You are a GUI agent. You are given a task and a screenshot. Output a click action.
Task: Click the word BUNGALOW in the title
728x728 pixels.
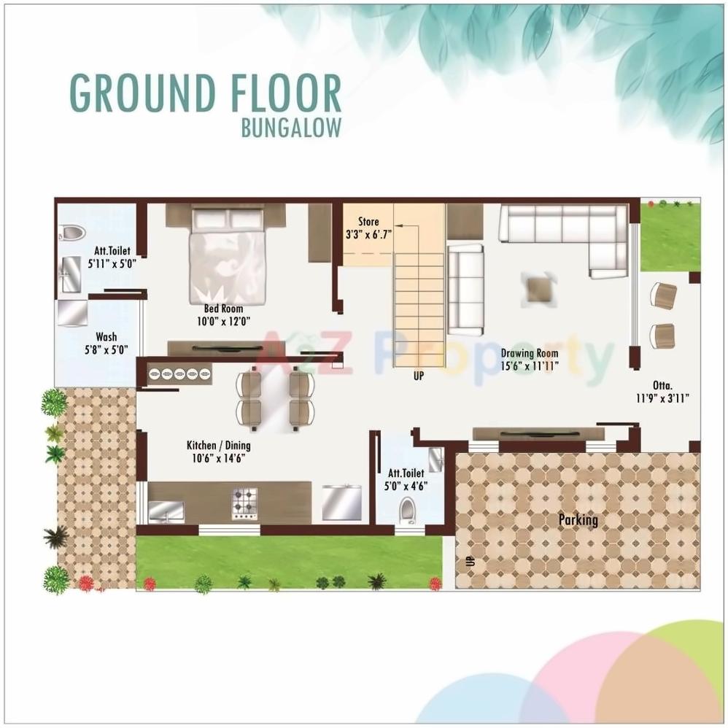point(290,126)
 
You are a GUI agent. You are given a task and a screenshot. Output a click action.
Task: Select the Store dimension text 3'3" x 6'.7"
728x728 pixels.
point(369,235)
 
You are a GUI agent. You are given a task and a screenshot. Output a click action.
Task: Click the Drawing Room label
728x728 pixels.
point(529,353)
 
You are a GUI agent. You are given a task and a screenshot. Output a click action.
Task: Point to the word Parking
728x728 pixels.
point(578,520)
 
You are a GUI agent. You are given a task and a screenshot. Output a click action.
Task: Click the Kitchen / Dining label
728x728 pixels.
point(219,445)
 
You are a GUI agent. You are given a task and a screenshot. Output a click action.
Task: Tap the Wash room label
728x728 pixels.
point(106,337)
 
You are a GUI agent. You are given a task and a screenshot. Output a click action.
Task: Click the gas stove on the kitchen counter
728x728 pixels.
point(245,503)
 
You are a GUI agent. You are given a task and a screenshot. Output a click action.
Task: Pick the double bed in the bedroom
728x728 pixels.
point(228,255)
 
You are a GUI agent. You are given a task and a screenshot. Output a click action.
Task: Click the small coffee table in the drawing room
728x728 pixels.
point(539,288)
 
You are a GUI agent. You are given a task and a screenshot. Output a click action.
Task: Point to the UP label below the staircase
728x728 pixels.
point(418,376)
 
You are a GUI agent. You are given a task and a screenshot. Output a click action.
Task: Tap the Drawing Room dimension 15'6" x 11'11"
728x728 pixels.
point(530,365)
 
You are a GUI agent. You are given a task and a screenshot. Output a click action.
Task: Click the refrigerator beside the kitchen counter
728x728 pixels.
point(341,502)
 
